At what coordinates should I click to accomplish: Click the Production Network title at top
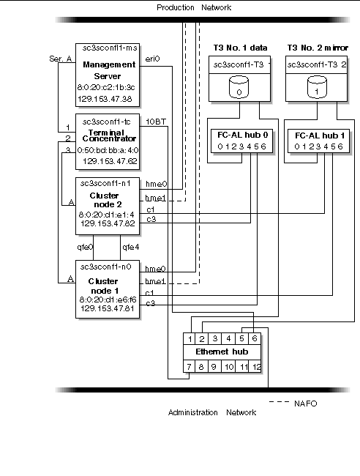tap(194, 7)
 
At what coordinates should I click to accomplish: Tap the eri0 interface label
tap(153, 58)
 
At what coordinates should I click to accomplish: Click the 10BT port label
tap(154, 121)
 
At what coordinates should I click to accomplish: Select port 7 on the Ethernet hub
tap(188, 365)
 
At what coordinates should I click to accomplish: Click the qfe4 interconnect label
tap(130, 247)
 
